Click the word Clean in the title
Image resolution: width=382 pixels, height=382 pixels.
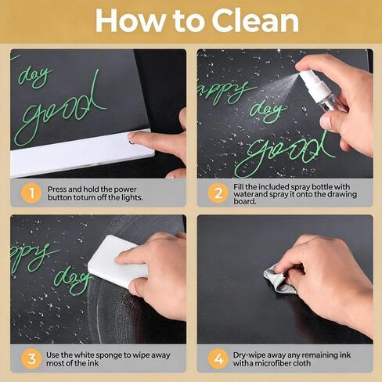255,20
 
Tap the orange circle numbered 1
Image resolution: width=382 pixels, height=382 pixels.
31,193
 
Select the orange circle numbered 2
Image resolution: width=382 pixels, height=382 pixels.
218,193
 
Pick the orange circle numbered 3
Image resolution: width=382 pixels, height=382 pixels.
31,359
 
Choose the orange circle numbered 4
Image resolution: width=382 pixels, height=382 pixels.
218,359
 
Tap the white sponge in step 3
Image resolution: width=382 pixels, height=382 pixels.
117,261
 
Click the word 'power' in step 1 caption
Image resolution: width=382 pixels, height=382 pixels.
125,189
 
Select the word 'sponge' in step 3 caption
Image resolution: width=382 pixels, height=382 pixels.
110,355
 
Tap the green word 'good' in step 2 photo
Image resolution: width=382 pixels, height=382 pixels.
284,151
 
